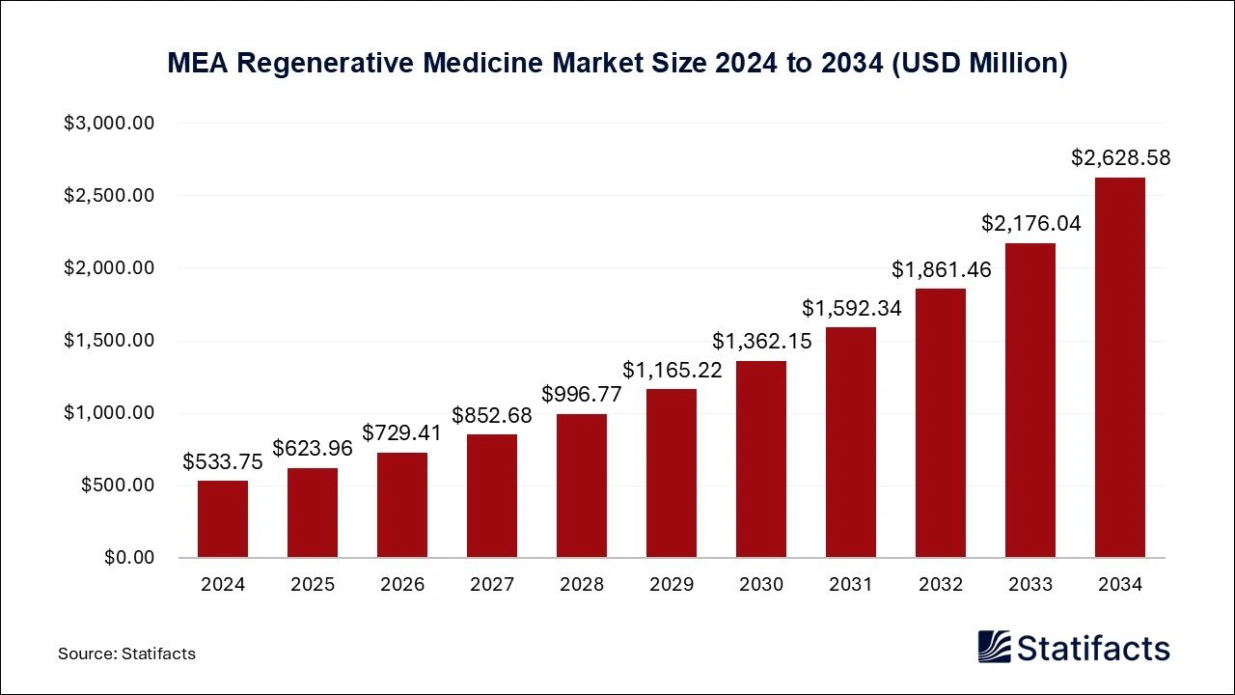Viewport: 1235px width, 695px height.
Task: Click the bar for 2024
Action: [223, 519]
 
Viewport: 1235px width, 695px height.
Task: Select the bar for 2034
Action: [1119, 368]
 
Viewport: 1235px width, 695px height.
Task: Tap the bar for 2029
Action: [672, 473]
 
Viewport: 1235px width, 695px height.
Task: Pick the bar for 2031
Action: [851, 442]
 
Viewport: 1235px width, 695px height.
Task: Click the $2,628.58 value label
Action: [1120, 158]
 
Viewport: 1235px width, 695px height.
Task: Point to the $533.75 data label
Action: [223, 461]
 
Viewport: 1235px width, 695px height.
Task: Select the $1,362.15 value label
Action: [761, 341]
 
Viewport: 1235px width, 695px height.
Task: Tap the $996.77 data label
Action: [582, 394]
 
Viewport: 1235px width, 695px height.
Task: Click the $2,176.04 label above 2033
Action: [1030, 223]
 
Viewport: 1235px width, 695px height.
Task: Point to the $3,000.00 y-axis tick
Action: [109, 124]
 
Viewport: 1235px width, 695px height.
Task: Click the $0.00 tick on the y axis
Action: [128, 558]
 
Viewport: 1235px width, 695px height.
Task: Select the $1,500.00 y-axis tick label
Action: [109, 341]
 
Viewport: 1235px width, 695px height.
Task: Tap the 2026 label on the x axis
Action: [402, 585]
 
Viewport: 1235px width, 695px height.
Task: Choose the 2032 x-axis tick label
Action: [941, 585]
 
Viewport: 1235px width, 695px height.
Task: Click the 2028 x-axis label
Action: [582, 585]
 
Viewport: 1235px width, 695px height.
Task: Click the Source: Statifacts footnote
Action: [126, 653]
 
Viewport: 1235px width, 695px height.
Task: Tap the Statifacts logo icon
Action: [995, 647]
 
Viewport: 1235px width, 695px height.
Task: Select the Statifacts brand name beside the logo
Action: [1094, 648]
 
